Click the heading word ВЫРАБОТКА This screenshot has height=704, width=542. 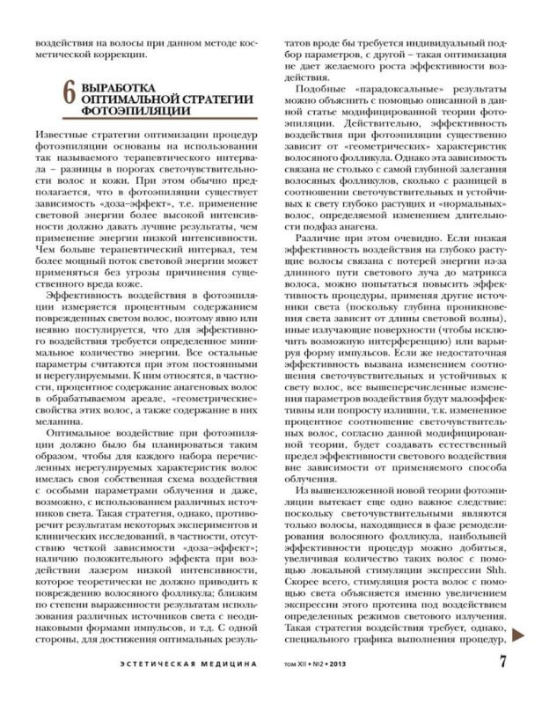pos(117,88)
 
